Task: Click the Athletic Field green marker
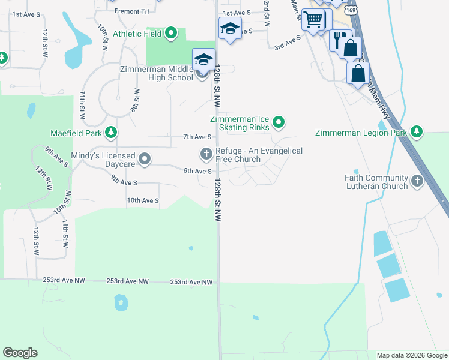tap(171, 33)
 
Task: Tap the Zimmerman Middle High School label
tap(156, 73)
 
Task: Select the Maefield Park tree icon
tap(110, 132)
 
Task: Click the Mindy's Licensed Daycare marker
tap(145, 159)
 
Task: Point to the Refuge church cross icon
tap(206, 155)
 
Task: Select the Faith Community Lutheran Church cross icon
tap(417, 179)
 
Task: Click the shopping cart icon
tap(312, 20)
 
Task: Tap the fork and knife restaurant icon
tap(340, 39)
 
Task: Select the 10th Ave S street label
tap(143, 200)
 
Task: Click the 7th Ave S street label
tap(197, 137)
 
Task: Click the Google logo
tap(20, 353)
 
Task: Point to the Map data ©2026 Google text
tap(412, 355)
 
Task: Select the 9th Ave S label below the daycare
tap(124, 182)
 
